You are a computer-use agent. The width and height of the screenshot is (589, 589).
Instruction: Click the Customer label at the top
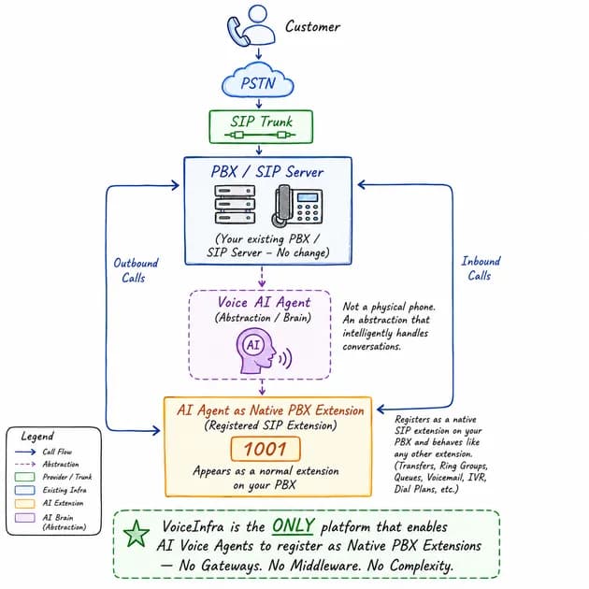[312, 26]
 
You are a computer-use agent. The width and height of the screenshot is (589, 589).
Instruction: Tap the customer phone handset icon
[237, 32]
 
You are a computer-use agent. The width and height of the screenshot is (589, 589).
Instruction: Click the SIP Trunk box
[261, 126]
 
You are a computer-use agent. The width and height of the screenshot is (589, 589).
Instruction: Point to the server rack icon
[235, 205]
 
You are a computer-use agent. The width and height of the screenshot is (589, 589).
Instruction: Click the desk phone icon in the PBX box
[296, 206]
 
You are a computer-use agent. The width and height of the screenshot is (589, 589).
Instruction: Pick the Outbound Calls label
[136, 270]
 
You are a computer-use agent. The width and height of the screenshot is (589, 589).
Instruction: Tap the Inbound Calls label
[481, 268]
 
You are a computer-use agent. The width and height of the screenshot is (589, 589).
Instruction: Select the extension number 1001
[266, 449]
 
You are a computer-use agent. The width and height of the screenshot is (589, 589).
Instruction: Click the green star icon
[136, 534]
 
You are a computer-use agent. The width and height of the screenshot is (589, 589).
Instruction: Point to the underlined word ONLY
[294, 525]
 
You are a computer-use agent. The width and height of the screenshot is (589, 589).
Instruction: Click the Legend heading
[37, 437]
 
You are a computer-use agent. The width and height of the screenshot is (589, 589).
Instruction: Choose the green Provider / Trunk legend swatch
[25, 477]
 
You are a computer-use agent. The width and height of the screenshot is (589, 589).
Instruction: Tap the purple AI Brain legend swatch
[25, 518]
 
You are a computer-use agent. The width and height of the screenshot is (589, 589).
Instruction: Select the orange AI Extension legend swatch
[25, 503]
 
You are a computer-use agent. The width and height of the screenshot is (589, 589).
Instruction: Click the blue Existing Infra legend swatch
[25, 490]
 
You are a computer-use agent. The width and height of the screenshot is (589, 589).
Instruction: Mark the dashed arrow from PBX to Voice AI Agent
[262, 277]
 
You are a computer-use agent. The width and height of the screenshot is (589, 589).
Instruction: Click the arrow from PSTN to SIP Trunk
[258, 103]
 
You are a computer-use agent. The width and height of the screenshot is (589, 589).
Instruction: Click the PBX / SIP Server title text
[266, 172]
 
